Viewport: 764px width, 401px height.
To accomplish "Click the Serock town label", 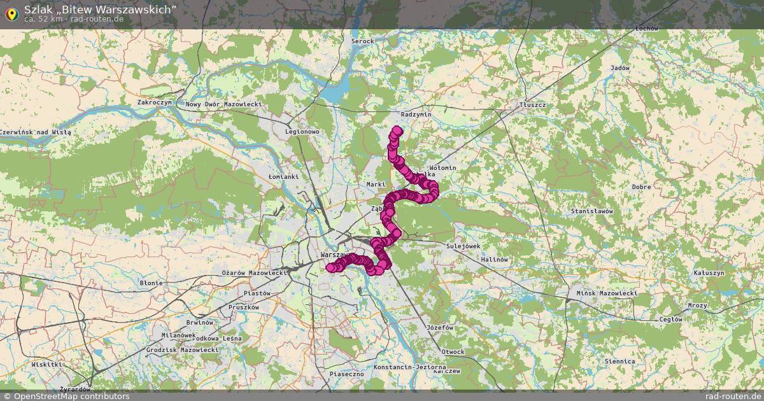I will tap(362, 41).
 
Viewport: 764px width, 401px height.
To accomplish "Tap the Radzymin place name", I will tap(416, 114).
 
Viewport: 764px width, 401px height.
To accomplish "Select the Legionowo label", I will tap(302, 132).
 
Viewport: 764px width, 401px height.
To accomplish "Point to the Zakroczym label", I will tap(155, 102).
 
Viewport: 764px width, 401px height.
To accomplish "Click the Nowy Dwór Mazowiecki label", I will tap(223, 104).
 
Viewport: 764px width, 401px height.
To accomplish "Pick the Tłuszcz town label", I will tap(532, 104).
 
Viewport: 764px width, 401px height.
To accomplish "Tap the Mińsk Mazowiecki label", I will tap(605, 293).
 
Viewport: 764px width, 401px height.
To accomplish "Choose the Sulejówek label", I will tap(463, 246).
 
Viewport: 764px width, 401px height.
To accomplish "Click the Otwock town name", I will tap(453, 352).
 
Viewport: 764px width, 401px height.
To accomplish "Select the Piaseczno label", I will tap(346, 374).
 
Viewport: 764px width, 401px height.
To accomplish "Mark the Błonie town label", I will tap(152, 283).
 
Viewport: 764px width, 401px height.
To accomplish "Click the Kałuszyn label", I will tap(709, 272).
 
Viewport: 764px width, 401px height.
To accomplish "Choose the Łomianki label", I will tap(283, 176).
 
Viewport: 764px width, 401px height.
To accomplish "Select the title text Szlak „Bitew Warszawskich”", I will tap(100, 9).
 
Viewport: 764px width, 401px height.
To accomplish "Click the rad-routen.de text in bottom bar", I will tap(734, 396).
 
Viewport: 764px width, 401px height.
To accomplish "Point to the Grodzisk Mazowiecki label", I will tap(182, 350).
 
